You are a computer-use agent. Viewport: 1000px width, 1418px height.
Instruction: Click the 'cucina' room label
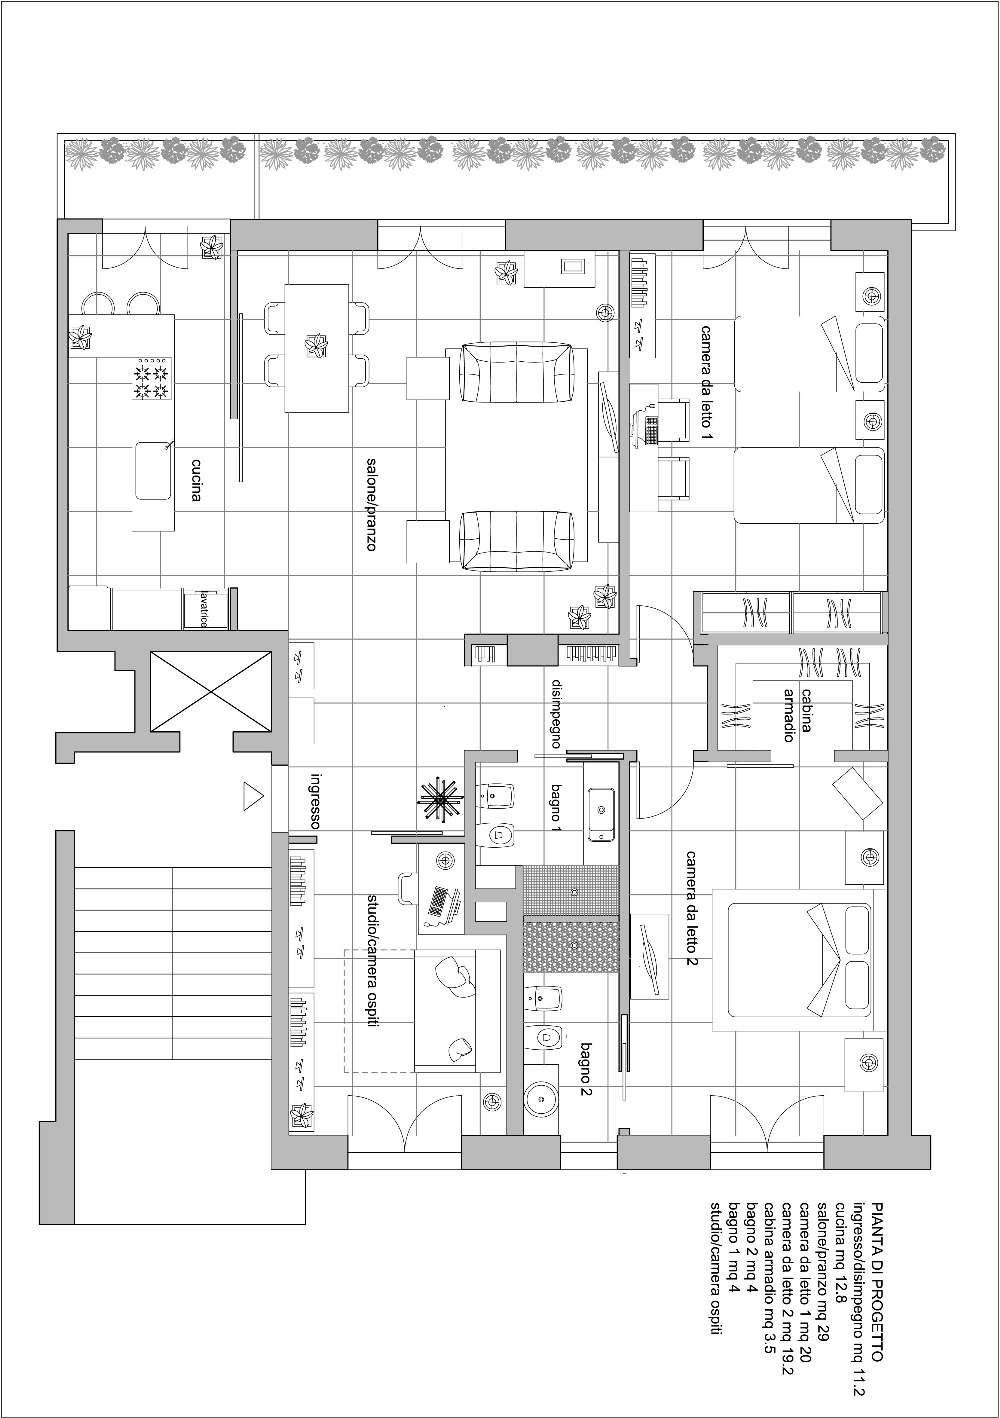click(x=196, y=480)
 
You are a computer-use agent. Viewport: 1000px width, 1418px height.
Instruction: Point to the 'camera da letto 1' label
click(x=706, y=383)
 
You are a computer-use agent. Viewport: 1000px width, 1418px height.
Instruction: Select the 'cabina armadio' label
click(x=797, y=715)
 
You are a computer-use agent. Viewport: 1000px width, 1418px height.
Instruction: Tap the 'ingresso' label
click(x=315, y=800)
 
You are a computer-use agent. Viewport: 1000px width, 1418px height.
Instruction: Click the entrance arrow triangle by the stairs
click(x=253, y=796)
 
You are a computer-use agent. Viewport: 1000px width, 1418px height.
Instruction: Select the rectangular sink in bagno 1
click(x=601, y=814)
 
